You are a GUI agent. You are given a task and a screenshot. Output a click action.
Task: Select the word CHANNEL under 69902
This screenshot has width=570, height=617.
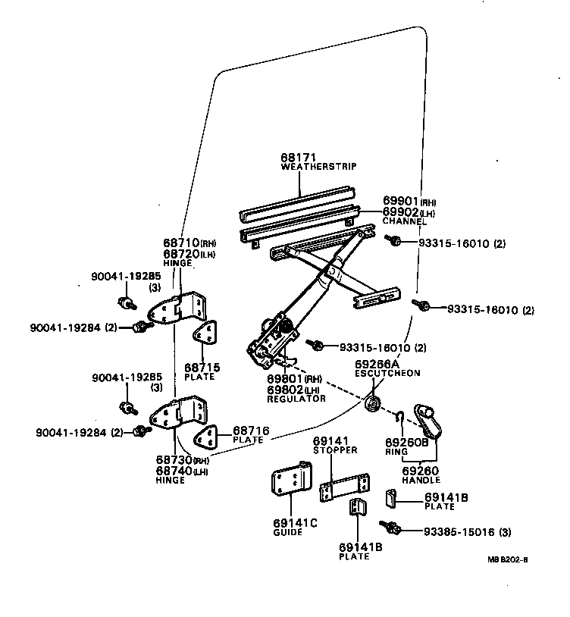pos(404,222)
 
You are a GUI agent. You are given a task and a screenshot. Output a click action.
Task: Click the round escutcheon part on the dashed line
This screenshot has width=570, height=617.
pos(372,404)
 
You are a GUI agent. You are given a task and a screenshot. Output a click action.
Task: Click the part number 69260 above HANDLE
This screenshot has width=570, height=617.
pos(419,471)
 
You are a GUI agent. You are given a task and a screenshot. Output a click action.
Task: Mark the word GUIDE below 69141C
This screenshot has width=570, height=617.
pos(287,532)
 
